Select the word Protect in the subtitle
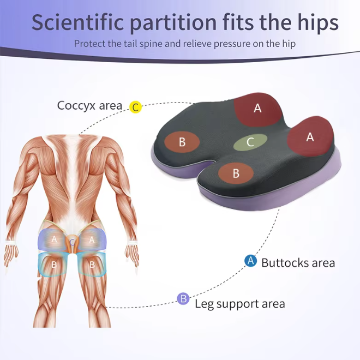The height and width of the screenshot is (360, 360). pos(90,44)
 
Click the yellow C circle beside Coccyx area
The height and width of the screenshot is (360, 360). pos(135,107)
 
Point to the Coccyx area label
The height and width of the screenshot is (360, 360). pos(89,105)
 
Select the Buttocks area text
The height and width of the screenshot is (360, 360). pos(298,262)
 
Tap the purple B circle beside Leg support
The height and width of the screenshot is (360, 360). pos(184,298)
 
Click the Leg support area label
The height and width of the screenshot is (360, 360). pos(239,303)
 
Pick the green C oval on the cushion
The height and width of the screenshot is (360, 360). pos(250,142)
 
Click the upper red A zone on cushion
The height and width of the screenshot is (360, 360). pos(257,108)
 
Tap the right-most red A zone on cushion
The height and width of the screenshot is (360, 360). pos(310,137)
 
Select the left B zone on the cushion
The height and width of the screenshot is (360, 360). pos(182,142)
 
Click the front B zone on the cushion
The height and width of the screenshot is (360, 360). pos(236,173)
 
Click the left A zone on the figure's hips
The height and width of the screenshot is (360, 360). pos(54,239)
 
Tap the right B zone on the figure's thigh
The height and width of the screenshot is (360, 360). pos(92,265)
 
